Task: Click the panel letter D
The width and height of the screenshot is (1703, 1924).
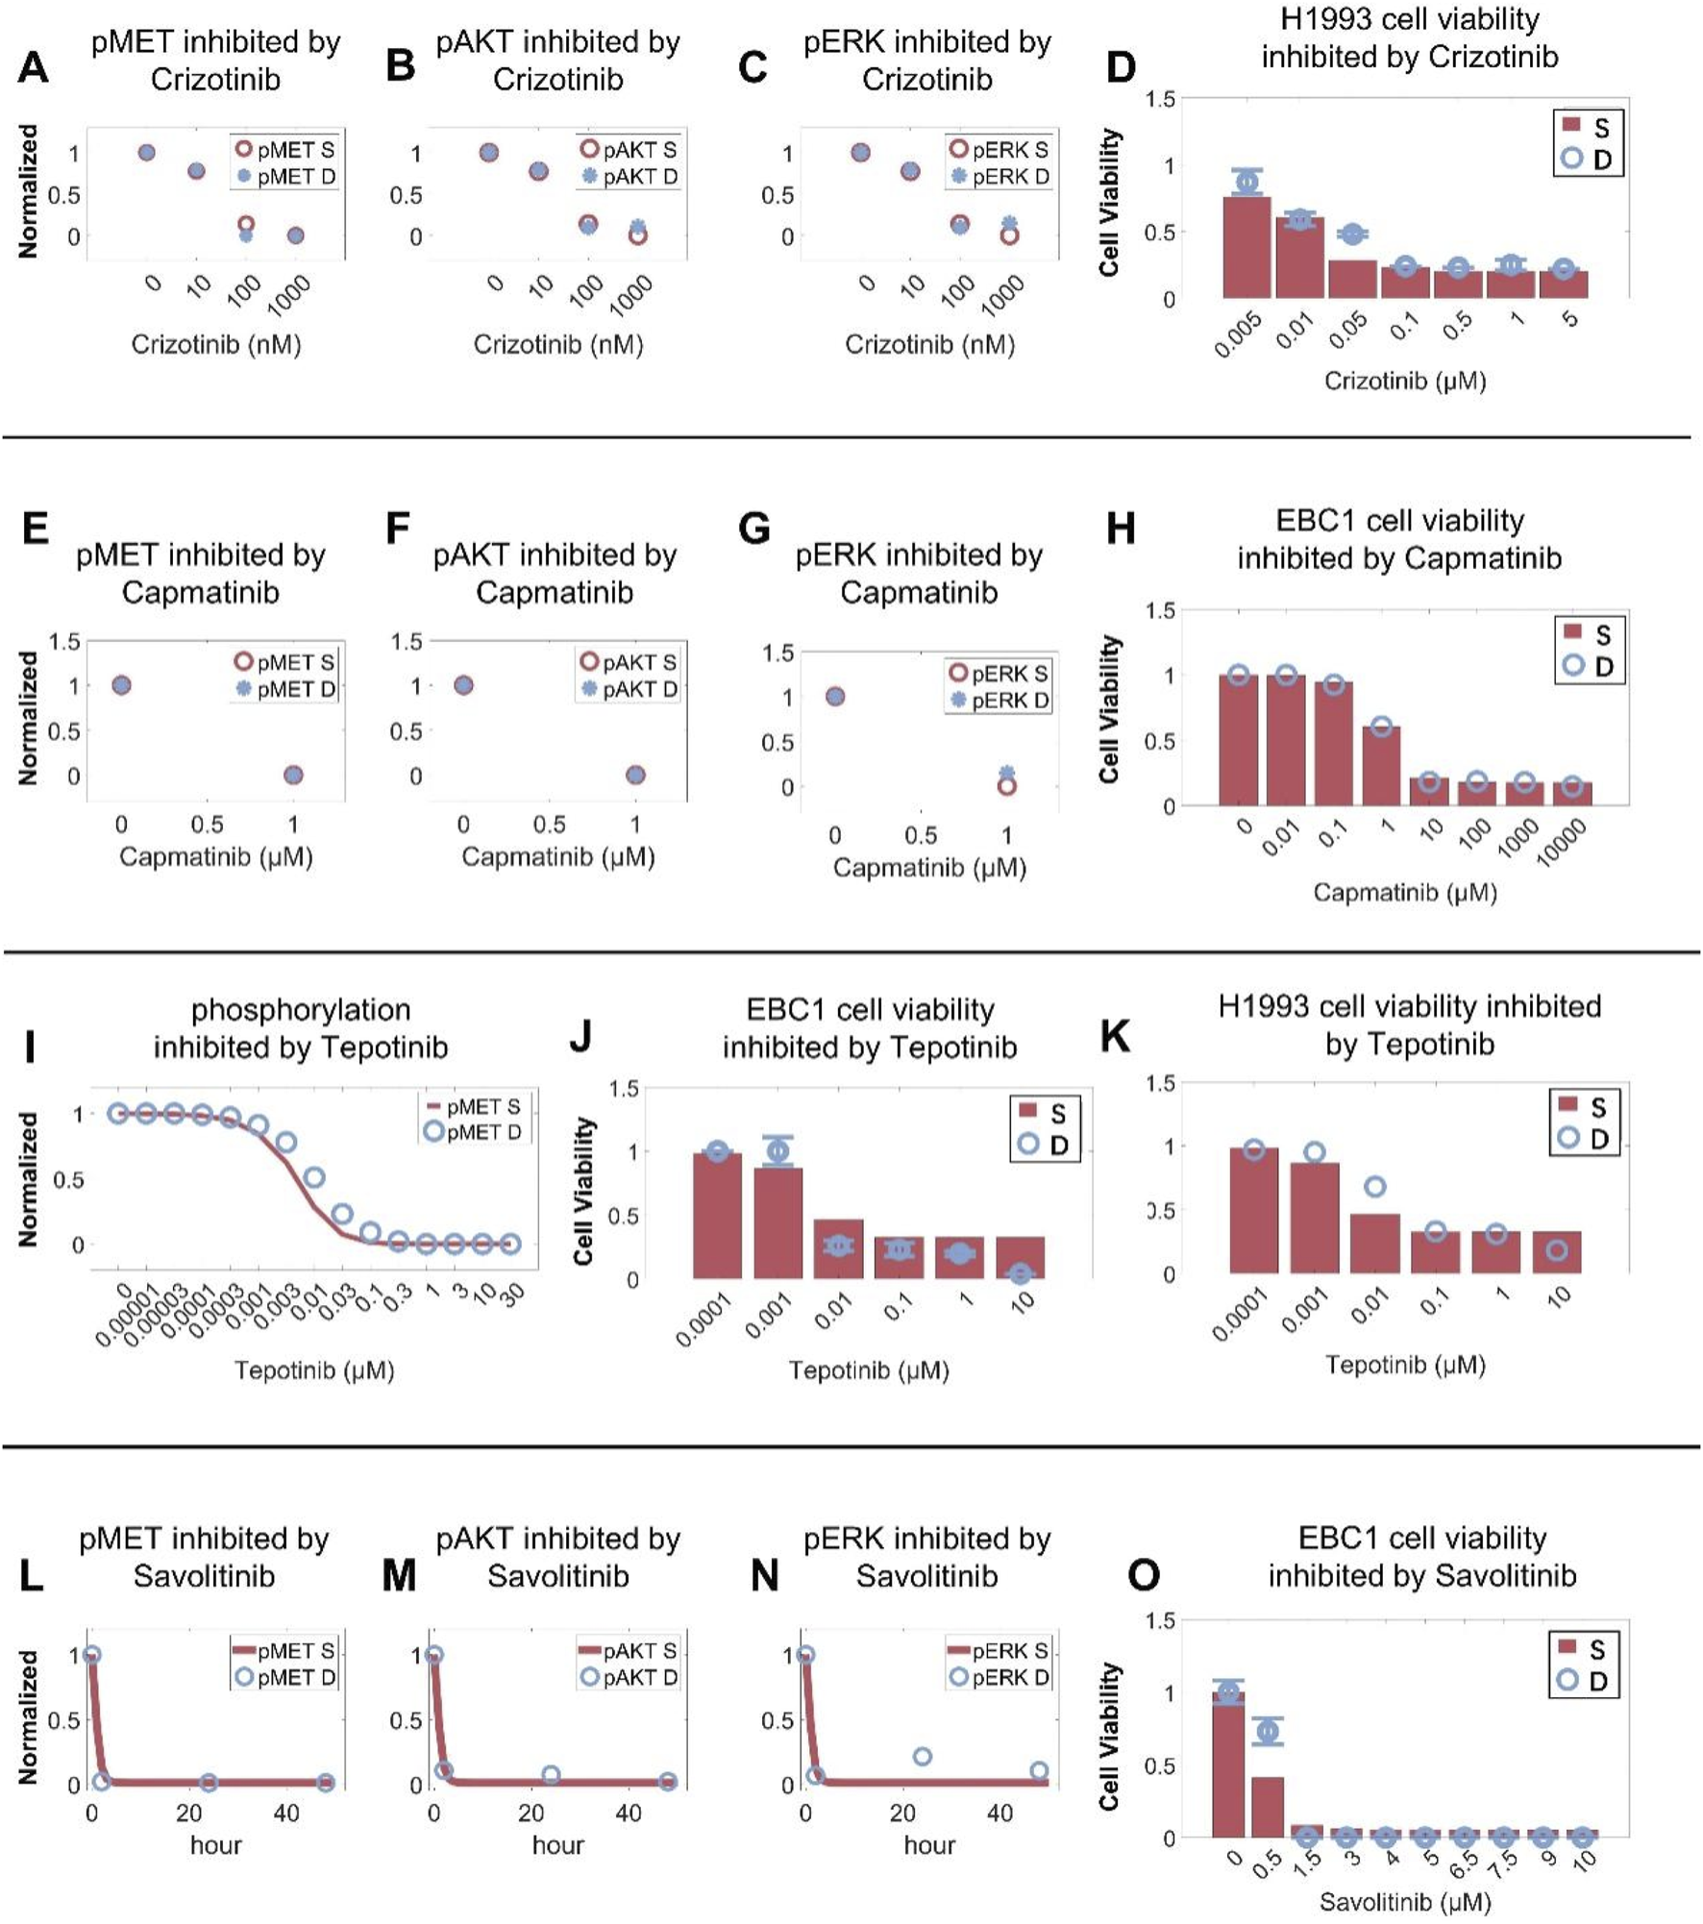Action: pos(1121,68)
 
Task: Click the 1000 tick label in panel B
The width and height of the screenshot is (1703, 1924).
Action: pos(630,295)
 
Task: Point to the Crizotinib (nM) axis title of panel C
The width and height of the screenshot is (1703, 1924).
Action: pos(929,344)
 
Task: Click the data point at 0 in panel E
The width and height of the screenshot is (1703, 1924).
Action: pos(121,685)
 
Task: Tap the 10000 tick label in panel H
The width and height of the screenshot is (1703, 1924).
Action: pos(1561,844)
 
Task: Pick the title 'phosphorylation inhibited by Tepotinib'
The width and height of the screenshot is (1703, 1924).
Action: pos(301,1027)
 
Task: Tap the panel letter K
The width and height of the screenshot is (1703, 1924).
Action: pos(1115,1037)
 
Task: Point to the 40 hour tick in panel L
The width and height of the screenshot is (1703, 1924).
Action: pos(286,1813)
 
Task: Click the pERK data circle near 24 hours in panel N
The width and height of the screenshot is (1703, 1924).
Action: pos(922,1757)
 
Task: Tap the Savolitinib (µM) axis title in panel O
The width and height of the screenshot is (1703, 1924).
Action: pos(1404,1901)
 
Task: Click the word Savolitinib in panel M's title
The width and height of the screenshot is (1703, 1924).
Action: pos(557,1576)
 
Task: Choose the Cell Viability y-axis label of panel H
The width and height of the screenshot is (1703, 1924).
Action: pos(1110,709)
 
